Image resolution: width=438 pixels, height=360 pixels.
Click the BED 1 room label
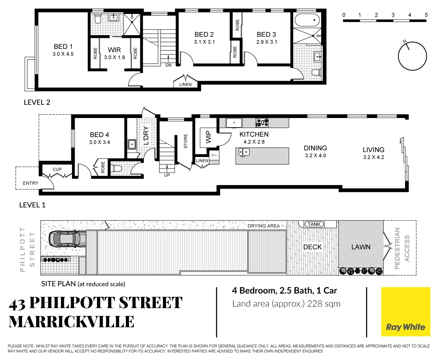point(63,47)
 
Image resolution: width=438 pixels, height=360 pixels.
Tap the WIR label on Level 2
point(114,50)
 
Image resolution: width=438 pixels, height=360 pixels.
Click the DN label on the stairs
point(169,65)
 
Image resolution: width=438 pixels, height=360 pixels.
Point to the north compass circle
point(412,56)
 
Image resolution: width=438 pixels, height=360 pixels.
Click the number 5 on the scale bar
point(426,15)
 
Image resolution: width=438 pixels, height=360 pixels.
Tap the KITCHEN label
point(254,134)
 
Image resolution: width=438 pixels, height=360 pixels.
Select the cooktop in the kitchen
point(262,123)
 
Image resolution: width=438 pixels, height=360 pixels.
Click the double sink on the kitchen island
point(244,152)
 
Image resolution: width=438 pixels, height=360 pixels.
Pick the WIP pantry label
point(208,137)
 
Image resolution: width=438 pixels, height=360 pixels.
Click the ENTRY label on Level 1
point(31,183)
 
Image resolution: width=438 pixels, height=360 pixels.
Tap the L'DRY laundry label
point(146,136)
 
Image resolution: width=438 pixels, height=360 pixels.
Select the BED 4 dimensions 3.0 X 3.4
point(99,142)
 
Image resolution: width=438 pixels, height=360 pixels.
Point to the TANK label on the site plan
point(314,224)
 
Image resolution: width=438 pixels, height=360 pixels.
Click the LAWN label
point(361,247)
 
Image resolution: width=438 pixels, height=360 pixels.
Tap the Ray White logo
point(405,312)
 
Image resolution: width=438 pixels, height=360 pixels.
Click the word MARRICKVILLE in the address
point(72,322)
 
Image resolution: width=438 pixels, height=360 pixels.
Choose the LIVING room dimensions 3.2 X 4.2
point(373,157)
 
